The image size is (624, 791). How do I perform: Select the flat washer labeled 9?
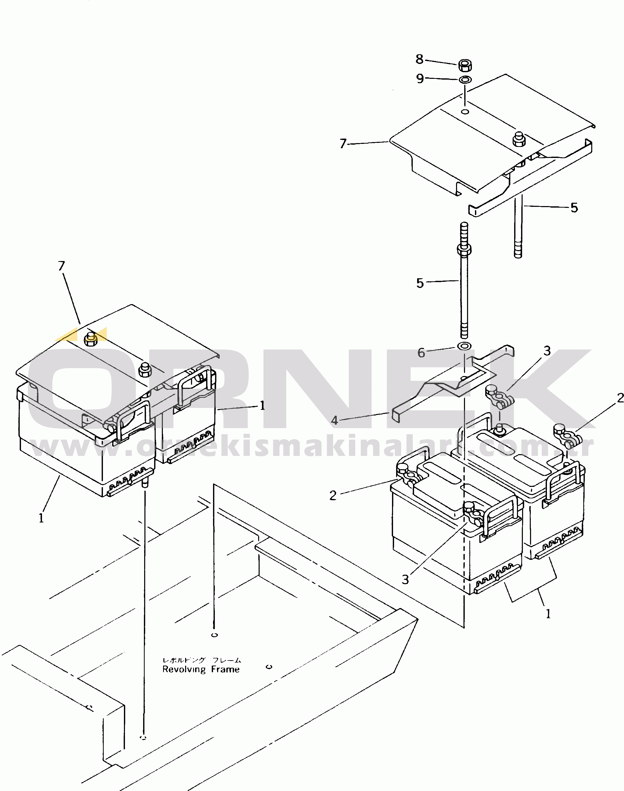tap(465, 79)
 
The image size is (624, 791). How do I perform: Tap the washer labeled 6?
tap(464, 346)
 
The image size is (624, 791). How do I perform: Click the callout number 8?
tap(419, 59)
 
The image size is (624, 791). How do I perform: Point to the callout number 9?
tap(420, 79)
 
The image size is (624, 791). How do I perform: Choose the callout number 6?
tap(421, 353)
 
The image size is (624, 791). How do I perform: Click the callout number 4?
tap(334, 420)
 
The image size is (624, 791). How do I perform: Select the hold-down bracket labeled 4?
tap(453, 383)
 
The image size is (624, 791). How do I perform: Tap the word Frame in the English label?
tap(225, 669)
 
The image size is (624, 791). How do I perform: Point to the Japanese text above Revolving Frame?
tap(202, 660)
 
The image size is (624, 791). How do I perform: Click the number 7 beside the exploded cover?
tap(343, 144)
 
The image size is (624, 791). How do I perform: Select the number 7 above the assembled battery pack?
tap(61, 266)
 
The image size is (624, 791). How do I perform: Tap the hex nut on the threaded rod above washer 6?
tap(464, 250)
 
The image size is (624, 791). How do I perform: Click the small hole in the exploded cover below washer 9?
tap(465, 111)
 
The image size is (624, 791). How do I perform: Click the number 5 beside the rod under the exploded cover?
tap(574, 208)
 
